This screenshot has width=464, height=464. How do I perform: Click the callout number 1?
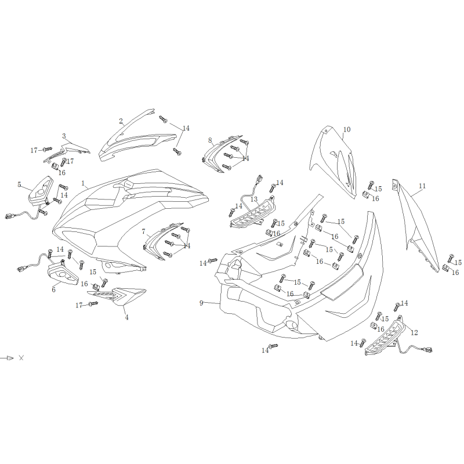(x=83, y=183)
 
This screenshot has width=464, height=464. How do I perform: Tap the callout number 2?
(x=121, y=121)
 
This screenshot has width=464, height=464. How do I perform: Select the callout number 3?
(x=64, y=136)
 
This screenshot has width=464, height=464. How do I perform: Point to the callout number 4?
(x=126, y=317)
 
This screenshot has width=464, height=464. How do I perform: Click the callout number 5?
(x=19, y=184)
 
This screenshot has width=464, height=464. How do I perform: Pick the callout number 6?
(x=53, y=289)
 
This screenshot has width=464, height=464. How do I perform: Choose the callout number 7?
(x=143, y=231)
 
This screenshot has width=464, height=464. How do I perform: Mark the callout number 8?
(x=210, y=140)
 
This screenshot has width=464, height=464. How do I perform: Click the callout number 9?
(x=201, y=303)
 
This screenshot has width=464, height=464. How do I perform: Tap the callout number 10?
(x=347, y=129)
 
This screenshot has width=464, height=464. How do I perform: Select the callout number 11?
(x=422, y=186)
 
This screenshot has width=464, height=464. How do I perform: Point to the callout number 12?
(x=414, y=332)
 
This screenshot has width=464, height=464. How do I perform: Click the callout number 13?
(x=254, y=199)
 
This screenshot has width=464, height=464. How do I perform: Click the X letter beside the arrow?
(x=21, y=358)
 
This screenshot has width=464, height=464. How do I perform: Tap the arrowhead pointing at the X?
(x=10, y=358)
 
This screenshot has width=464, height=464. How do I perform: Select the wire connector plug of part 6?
(x=22, y=269)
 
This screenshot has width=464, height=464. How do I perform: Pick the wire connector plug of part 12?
(x=427, y=350)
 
